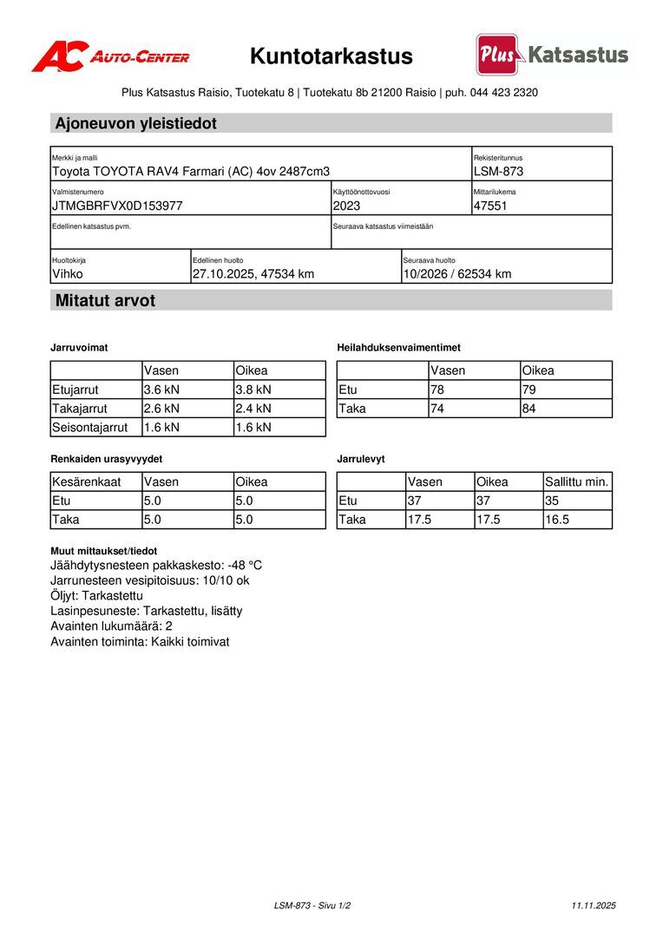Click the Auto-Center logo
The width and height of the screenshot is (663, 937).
(110, 56)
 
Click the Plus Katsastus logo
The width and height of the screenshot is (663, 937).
(552, 55)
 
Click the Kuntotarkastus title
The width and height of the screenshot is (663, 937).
(331, 56)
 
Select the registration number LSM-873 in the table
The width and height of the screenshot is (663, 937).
(499, 172)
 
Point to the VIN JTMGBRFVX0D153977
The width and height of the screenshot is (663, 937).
(118, 206)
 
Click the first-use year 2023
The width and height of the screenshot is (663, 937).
(346, 206)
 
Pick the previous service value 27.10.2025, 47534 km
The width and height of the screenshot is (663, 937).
(253, 274)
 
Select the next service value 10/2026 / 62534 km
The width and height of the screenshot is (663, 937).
(457, 274)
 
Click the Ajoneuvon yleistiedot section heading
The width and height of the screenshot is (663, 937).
(136, 123)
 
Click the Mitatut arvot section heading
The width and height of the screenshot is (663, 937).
(106, 301)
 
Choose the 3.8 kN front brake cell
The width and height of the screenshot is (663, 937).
(253, 390)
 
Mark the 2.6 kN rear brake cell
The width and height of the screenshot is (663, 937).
(162, 409)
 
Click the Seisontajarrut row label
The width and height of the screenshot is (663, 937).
(90, 427)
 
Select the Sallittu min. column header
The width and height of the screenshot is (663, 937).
(577, 482)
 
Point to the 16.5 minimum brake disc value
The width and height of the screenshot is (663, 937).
(557, 520)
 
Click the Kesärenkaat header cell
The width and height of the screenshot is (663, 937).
(87, 482)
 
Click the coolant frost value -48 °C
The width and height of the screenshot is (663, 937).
(245, 566)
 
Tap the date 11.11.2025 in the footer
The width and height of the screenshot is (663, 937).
(594, 905)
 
